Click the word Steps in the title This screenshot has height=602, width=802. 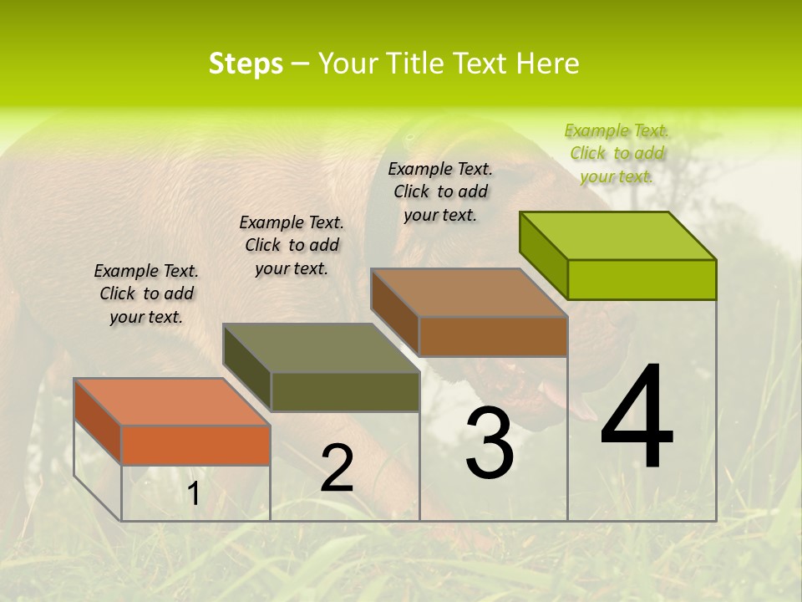click(246, 64)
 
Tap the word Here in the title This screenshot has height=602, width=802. click(548, 64)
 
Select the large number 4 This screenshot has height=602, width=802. click(637, 417)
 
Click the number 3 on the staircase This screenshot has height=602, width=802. click(489, 443)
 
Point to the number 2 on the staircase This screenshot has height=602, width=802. click(337, 468)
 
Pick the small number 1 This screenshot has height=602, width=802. click(193, 494)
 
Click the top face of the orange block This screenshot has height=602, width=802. click(172, 402)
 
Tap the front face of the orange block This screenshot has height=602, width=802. click(195, 445)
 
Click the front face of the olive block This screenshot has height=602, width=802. click(345, 391)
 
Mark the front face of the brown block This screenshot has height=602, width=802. click(493, 336)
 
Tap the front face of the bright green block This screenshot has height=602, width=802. click(642, 279)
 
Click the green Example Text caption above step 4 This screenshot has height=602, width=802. click(617, 153)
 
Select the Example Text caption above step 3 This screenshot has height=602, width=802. click(440, 191)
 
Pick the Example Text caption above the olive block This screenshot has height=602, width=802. click(292, 245)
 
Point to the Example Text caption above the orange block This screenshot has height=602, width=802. click(146, 293)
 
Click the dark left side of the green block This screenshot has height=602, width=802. click(544, 255)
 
